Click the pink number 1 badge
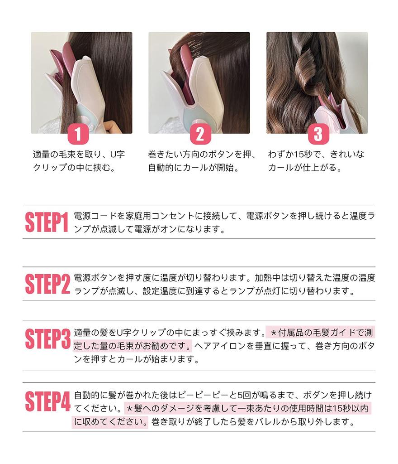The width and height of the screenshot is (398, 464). coord(77,134)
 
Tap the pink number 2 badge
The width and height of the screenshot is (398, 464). coord(200,134)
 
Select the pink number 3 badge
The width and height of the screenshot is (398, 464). coord(318,134)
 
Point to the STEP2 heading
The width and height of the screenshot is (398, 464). coord(47,284)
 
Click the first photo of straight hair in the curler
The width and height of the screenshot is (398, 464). coord(81,82)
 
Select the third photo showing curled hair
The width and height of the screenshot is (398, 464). coord(317,82)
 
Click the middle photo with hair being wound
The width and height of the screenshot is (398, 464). coord(199,82)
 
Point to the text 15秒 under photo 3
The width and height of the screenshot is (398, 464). coord(298,155)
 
